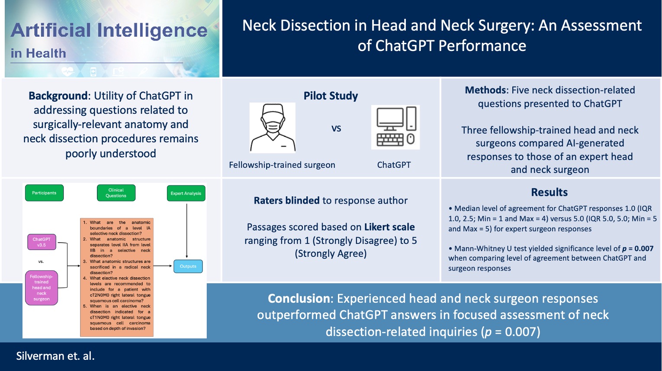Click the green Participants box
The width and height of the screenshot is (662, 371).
tap(44, 193)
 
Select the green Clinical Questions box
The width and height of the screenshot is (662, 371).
tap(116, 193)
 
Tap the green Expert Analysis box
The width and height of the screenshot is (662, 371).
tap(186, 193)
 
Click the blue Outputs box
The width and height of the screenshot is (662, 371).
tap(188, 266)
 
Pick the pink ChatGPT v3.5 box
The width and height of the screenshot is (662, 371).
tap(42, 242)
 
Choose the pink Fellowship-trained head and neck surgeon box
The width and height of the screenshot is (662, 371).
tap(42, 288)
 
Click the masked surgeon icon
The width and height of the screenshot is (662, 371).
tap(273, 128)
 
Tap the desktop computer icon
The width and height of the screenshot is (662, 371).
tap(395, 127)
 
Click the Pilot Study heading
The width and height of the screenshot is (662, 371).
tap(331, 96)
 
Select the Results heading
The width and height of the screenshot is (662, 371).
tap(550, 192)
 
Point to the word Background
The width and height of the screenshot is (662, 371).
tap(58, 96)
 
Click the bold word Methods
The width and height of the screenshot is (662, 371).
tap(485, 90)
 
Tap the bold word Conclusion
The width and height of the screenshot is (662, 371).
tap(299, 298)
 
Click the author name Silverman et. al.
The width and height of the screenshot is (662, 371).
tap(55, 356)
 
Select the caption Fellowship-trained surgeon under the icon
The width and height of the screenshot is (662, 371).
tap(282, 165)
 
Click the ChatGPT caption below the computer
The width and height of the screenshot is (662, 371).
tap(394, 165)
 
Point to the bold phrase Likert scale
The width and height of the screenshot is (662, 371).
tap(389, 227)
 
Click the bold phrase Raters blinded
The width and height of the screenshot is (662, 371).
tap(287, 201)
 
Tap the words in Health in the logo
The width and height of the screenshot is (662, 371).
tap(39, 54)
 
